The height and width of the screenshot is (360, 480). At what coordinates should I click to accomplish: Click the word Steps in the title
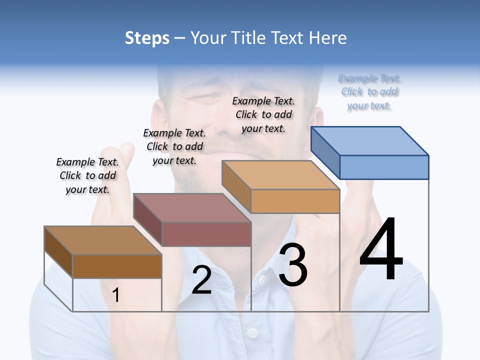click(x=147, y=38)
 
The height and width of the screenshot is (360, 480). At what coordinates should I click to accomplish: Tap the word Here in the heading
click(x=327, y=38)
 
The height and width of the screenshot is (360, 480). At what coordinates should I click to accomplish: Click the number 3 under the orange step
click(x=293, y=265)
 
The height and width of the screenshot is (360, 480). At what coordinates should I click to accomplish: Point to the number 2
click(x=201, y=280)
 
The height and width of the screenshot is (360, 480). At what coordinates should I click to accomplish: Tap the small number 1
click(x=116, y=295)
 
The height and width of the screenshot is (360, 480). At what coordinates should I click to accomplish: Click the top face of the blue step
click(x=370, y=140)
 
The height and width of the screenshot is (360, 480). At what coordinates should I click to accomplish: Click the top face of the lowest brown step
click(x=103, y=240)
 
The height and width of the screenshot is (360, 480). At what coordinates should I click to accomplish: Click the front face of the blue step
click(x=384, y=167)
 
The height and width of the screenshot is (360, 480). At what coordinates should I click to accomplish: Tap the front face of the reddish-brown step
click(x=206, y=234)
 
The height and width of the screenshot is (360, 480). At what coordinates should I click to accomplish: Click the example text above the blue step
click(x=369, y=92)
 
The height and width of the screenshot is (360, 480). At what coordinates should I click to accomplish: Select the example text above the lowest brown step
click(x=88, y=175)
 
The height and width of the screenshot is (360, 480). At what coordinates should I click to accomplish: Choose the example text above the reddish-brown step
click(x=174, y=146)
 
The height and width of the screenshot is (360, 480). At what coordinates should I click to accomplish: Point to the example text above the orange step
click(x=263, y=114)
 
